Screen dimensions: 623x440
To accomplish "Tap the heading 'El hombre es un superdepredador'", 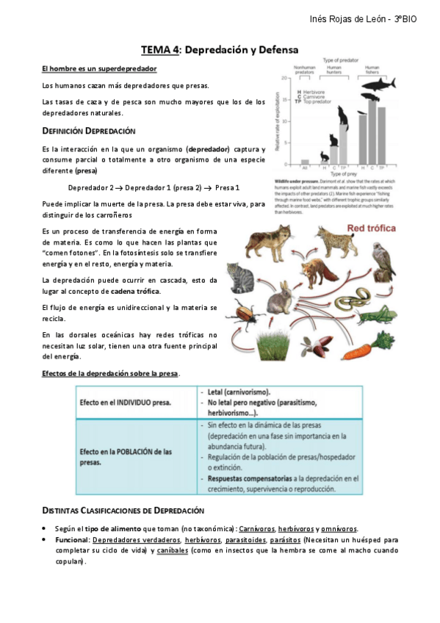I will click(98, 68).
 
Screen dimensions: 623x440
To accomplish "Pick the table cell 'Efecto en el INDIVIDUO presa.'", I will click(126, 403).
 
